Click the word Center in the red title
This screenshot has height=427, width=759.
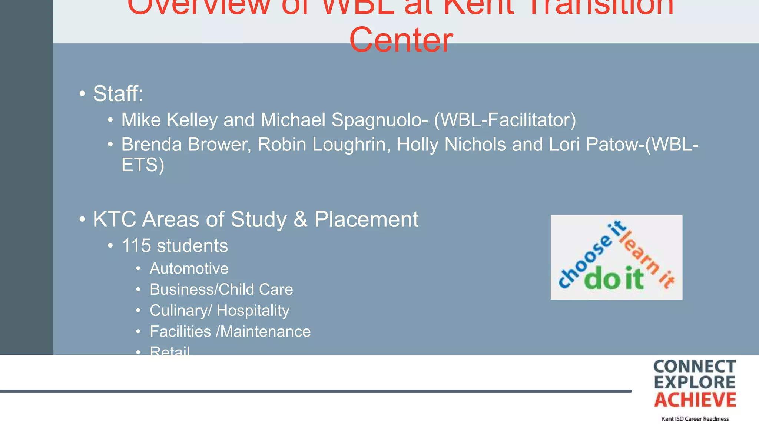point(401,40)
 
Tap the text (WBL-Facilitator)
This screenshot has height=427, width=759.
point(505,120)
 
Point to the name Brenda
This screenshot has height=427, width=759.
point(151,145)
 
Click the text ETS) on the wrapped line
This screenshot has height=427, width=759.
point(143,165)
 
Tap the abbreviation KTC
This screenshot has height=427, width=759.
point(115,219)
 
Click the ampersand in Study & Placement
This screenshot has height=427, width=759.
point(300,219)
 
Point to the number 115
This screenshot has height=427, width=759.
point(136,246)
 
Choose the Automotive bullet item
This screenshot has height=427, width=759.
point(189,268)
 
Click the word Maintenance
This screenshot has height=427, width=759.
point(265,331)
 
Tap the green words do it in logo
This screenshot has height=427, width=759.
point(614,278)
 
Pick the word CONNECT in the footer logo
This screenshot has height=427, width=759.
point(695,367)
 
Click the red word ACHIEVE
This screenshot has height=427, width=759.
point(695,400)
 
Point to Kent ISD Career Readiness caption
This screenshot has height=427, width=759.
point(695,419)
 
